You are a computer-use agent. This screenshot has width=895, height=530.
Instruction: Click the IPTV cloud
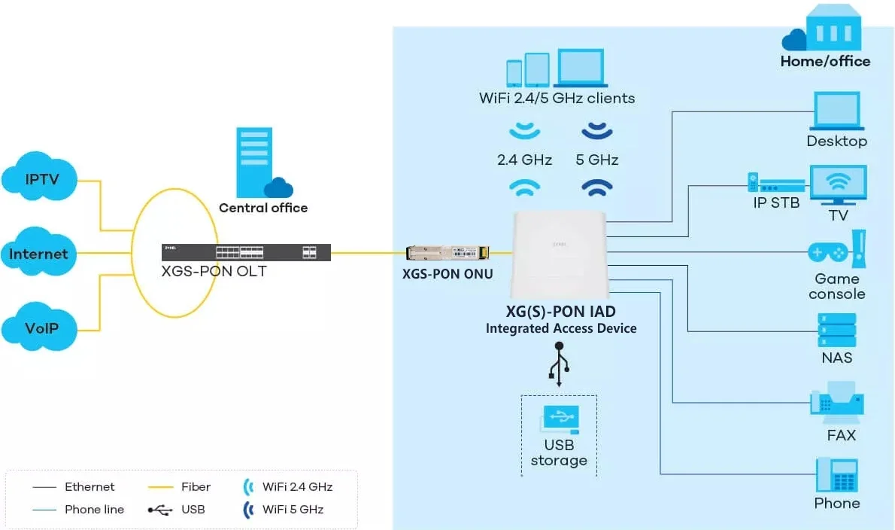click(x=41, y=179)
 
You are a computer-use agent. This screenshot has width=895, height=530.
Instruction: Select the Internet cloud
click(x=38, y=254)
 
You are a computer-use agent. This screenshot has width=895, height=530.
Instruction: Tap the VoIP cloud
click(x=41, y=328)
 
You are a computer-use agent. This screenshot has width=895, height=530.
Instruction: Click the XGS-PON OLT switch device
click(x=246, y=252)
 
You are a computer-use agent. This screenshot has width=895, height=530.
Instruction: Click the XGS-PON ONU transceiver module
click(x=447, y=253)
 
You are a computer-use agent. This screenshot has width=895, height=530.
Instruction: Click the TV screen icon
click(x=838, y=185)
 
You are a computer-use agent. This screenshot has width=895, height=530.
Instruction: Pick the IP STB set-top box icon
click(x=775, y=184)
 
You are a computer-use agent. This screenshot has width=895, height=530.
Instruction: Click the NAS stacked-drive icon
click(x=836, y=329)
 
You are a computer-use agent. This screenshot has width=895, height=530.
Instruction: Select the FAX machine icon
click(x=836, y=407)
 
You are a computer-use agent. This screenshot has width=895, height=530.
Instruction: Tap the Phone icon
click(x=837, y=475)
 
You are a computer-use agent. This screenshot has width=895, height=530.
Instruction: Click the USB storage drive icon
click(x=559, y=419)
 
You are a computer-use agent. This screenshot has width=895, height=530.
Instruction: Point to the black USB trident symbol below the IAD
click(x=559, y=365)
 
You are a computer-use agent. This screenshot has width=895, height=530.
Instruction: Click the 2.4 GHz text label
click(x=524, y=160)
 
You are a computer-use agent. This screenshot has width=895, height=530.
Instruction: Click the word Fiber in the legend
click(x=196, y=487)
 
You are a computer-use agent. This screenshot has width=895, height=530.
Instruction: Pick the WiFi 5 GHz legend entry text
click(x=293, y=510)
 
